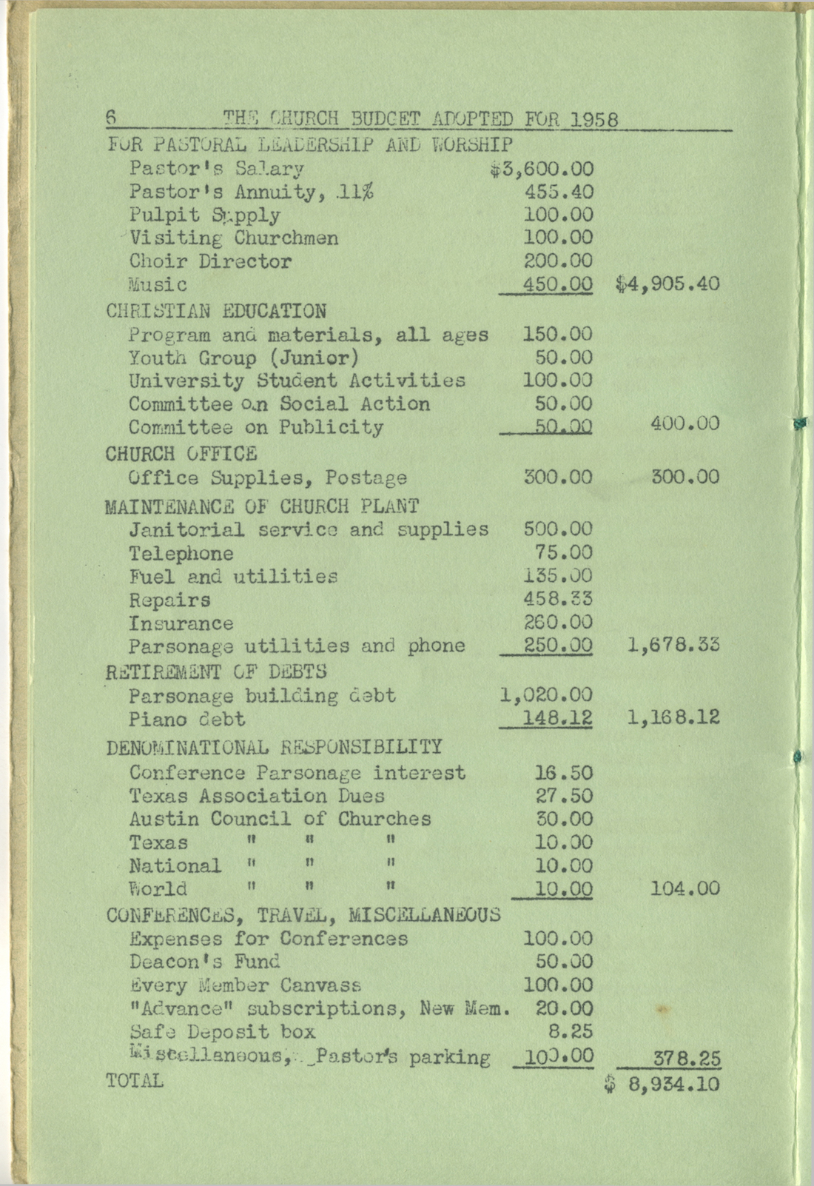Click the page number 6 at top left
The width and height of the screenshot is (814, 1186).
tap(112, 117)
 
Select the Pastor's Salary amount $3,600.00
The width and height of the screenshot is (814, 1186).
tap(541, 170)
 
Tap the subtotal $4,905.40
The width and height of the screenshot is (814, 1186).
tap(667, 284)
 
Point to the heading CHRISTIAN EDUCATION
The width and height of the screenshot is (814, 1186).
tap(215, 311)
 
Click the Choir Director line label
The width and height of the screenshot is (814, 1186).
tap(210, 261)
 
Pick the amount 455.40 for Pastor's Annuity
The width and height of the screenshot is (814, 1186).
tap(558, 192)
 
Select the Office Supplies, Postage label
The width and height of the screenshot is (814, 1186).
tap(267, 478)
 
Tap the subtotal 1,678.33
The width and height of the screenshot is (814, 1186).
tap(673, 645)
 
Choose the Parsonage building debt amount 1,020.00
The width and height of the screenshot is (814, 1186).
tap(546, 695)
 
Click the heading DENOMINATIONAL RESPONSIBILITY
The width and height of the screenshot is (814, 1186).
tap(274, 747)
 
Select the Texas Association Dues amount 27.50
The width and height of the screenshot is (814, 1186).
tap(563, 796)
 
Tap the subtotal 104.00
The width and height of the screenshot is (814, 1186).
tap(684, 888)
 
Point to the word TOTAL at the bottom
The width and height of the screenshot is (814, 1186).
tap(134, 1081)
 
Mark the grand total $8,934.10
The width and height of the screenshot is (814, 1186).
tap(662, 1085)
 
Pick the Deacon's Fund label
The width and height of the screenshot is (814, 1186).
tap(204, 962)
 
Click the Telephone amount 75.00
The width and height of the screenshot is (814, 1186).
tap(563, 553)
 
